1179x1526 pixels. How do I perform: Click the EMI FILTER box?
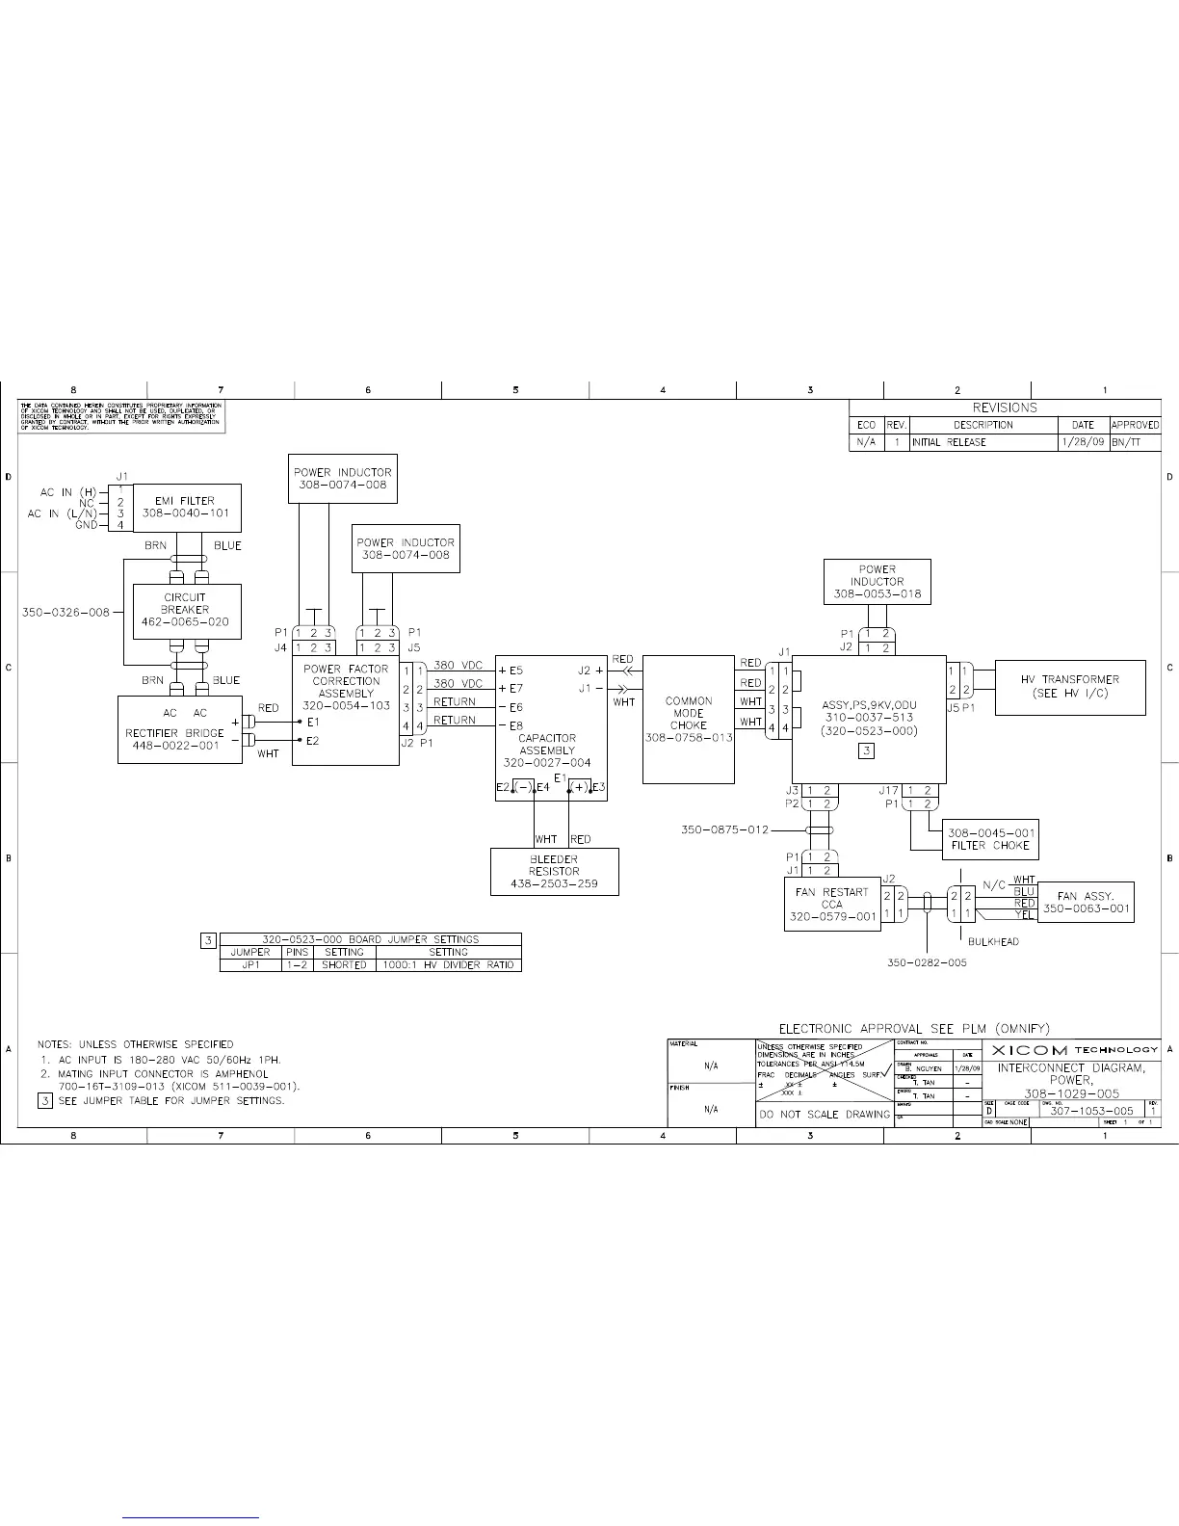point(186,508)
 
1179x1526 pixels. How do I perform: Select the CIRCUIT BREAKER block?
point(186,610)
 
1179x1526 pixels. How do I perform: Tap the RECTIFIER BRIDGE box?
point(180,730)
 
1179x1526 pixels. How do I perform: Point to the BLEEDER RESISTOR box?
point(554,871)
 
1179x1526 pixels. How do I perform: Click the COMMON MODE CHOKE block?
point(688,720)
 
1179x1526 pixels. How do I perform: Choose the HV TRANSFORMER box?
point(1069,687)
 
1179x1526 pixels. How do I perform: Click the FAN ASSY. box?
point(1086,902)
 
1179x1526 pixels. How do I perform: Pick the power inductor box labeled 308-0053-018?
point(877,582)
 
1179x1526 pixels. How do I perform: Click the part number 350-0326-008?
point(65,612)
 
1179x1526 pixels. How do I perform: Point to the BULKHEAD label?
point(994,941)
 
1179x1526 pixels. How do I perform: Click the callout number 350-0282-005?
point(927,961)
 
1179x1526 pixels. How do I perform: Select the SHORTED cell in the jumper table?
point(344,964)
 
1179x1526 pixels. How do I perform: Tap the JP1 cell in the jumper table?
point(250,964)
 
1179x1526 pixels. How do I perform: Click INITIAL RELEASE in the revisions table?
point(949,442)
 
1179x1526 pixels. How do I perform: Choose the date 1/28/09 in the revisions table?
point(1083,442)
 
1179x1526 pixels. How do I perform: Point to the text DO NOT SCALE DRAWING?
point(825,1115)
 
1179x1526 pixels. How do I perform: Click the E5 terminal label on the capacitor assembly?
point(511,670)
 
